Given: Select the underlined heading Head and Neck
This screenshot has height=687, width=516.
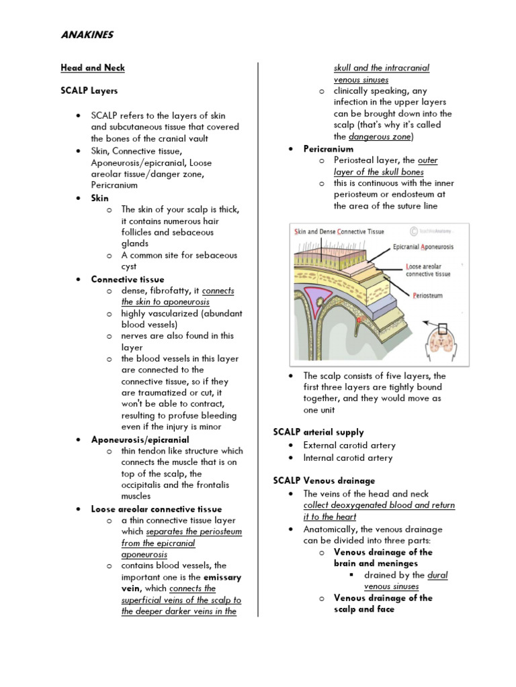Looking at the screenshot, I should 93,68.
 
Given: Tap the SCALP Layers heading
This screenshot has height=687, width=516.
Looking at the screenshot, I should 89,91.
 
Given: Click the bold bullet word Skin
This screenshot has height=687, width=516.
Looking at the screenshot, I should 99,198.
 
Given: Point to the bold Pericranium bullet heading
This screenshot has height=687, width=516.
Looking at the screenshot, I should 328,149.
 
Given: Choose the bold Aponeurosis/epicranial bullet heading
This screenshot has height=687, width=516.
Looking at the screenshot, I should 140,439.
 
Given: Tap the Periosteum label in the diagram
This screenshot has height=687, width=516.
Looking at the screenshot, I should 428,295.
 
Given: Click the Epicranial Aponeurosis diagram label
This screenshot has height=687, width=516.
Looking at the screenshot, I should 423,247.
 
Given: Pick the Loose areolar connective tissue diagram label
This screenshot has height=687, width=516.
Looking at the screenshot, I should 429,270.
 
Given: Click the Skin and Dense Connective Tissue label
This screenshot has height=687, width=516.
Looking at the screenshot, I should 339,231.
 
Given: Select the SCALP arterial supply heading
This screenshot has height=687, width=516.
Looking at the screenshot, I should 318,432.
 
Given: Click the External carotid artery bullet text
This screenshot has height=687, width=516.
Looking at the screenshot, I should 349,445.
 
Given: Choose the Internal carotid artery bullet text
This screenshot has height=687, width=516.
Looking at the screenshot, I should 348,458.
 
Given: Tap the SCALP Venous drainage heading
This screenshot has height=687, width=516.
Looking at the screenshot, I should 324,480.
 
